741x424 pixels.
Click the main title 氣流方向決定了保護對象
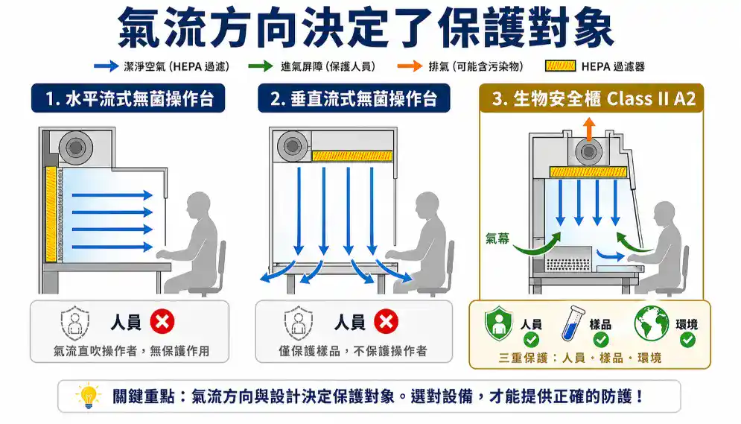point(370,28)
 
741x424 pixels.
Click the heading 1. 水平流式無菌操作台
point(127,99)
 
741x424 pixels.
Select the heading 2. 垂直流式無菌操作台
point(354,99)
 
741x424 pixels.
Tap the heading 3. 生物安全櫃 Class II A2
point(594,99)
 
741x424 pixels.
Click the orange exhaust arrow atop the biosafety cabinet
point(588,127)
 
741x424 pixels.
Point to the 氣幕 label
point(497,238)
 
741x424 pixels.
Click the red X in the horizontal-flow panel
point(162,322)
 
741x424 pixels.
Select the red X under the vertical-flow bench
point(386,322)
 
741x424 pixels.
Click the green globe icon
point(652,324)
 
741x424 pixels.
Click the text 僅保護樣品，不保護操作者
point(353,350)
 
